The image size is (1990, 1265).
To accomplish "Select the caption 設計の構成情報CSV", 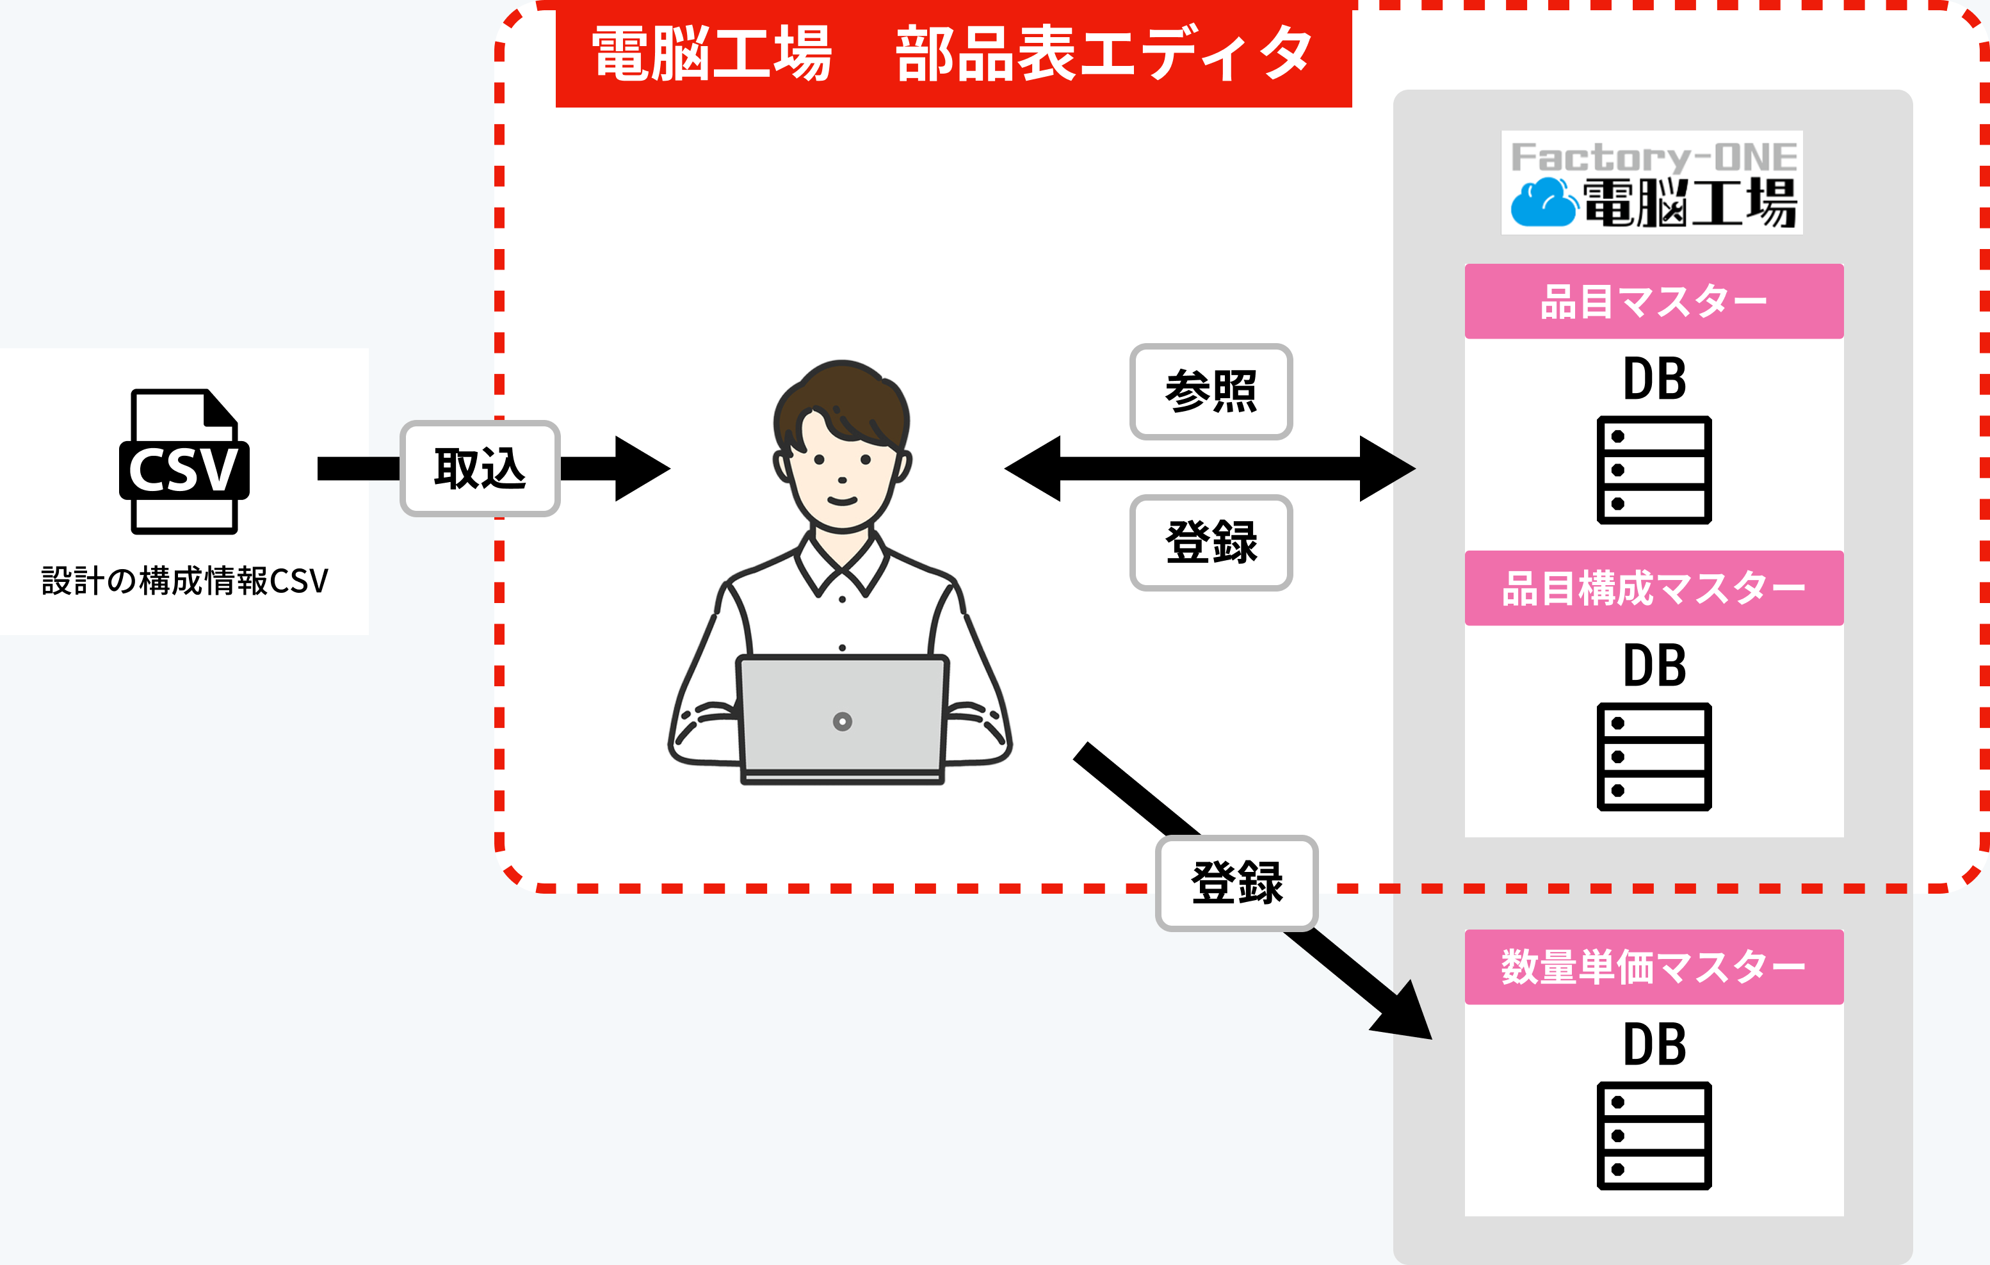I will click(184, 581).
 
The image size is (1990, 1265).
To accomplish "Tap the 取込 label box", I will click(480, 469).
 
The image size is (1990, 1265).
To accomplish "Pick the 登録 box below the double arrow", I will click(1211, 543).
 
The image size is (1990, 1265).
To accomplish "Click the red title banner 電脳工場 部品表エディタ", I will click(953, 54).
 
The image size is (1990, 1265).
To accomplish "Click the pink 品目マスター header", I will click(1654, 302).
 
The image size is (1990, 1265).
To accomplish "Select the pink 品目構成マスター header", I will click(1654, 588).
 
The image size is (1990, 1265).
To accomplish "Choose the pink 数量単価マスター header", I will click(1654, 967).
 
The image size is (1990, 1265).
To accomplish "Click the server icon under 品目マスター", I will click(1654, 470).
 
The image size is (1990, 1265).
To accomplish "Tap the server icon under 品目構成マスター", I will click(1654, 757).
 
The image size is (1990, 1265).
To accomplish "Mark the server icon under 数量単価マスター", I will click(1654, 1135).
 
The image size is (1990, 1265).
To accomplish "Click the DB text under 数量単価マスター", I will click(1654, 1044).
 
